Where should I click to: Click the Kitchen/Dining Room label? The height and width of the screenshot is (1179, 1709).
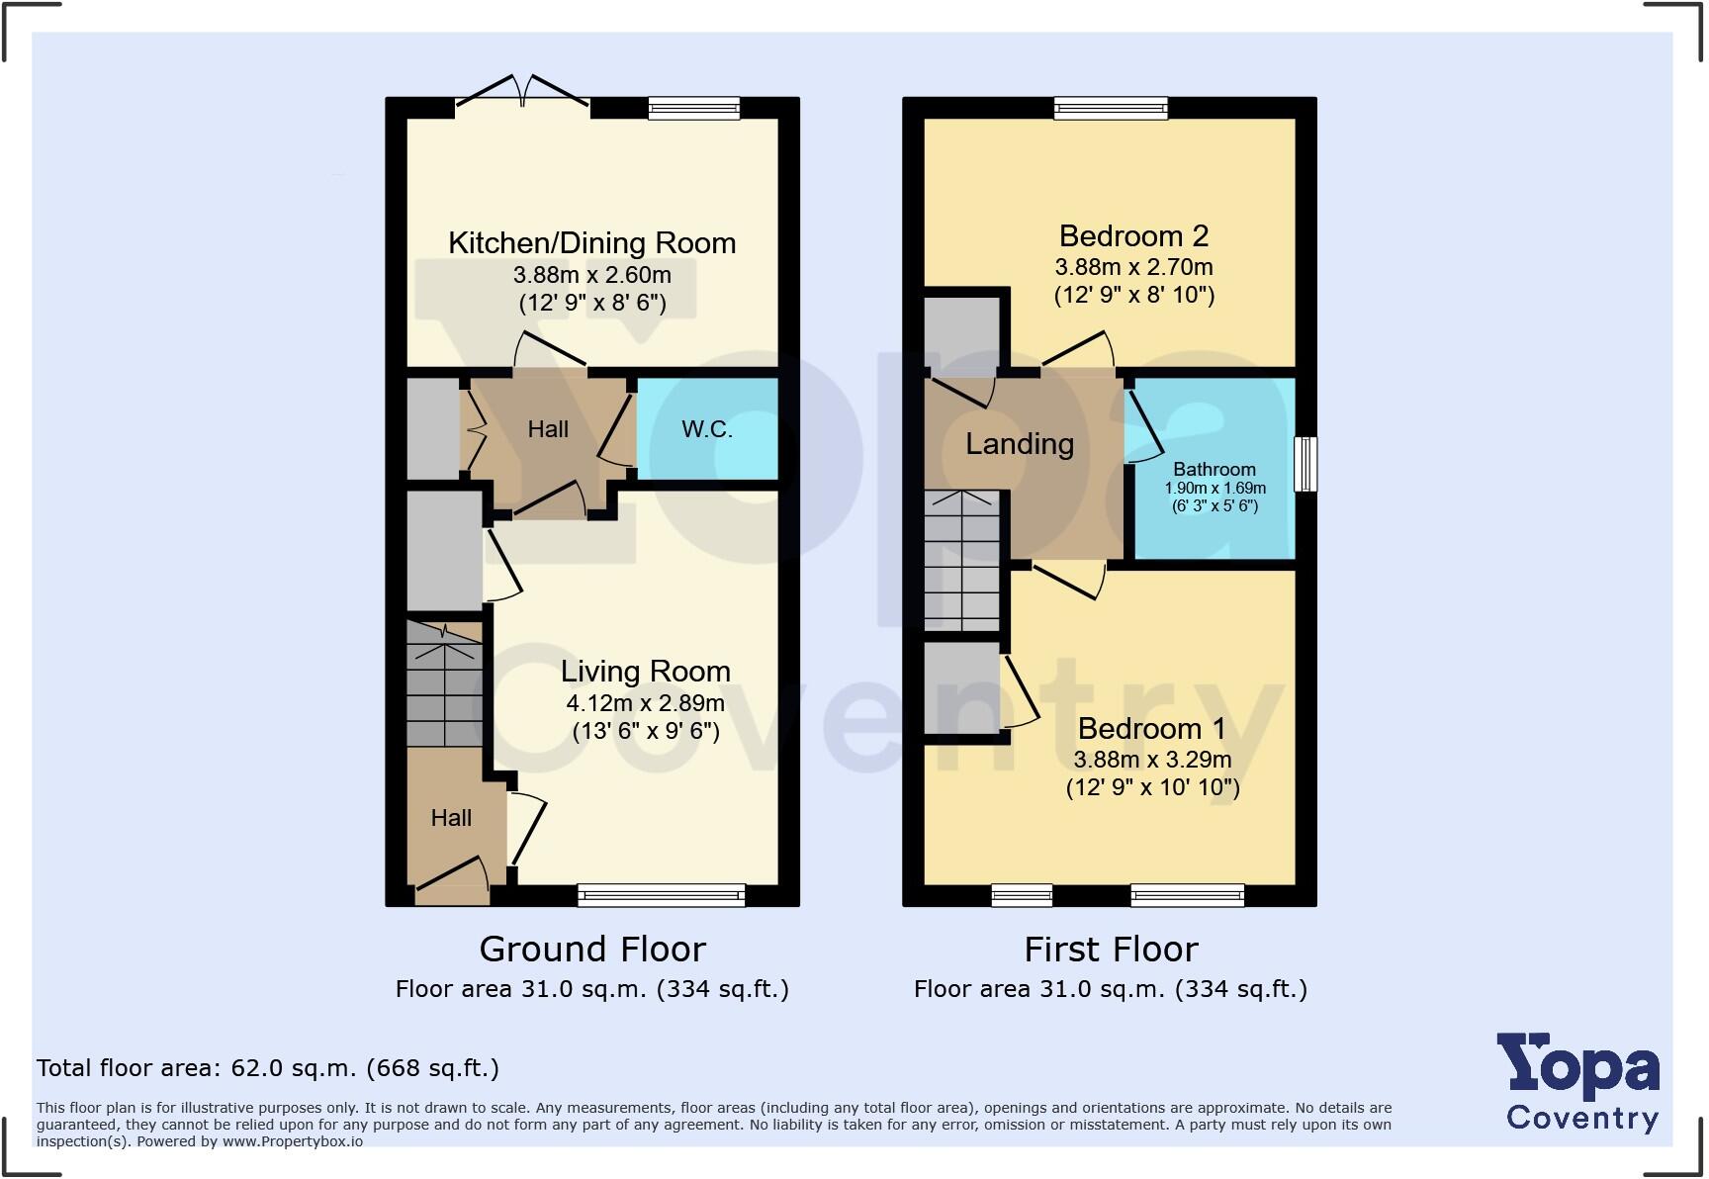point(591,243)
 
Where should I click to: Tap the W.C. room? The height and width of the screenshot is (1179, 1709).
point(706,429)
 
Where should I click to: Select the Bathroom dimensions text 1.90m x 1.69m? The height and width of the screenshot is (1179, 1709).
point(1214,489)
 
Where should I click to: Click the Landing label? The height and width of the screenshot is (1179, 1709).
point(1020,444)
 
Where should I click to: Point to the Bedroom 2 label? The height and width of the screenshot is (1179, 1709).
point(1133,236)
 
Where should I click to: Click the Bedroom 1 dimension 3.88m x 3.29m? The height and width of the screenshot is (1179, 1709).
point(1152,760)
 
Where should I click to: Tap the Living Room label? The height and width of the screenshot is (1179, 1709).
point(645,672)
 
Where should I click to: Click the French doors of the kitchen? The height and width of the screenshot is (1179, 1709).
point(523,91)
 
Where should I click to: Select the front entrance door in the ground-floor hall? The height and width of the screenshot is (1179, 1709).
point(452,880)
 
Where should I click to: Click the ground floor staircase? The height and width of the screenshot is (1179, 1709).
point(445,683)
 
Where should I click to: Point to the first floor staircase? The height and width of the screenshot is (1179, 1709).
point(961,561)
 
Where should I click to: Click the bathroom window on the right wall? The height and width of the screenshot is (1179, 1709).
point(1305,464)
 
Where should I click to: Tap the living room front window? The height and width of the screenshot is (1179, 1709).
point(661,895)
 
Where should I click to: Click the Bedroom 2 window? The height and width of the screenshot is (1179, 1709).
point(1111,108)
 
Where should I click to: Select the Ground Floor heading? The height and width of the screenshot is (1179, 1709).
point(592,950)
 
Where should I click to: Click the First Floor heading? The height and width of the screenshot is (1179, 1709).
point(1111,950)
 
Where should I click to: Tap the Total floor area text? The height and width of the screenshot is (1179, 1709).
point(268,1068)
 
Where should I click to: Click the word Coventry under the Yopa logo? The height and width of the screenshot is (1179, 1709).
point(1581,1119)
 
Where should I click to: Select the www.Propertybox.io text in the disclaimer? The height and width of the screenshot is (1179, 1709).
point(292,1141)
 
